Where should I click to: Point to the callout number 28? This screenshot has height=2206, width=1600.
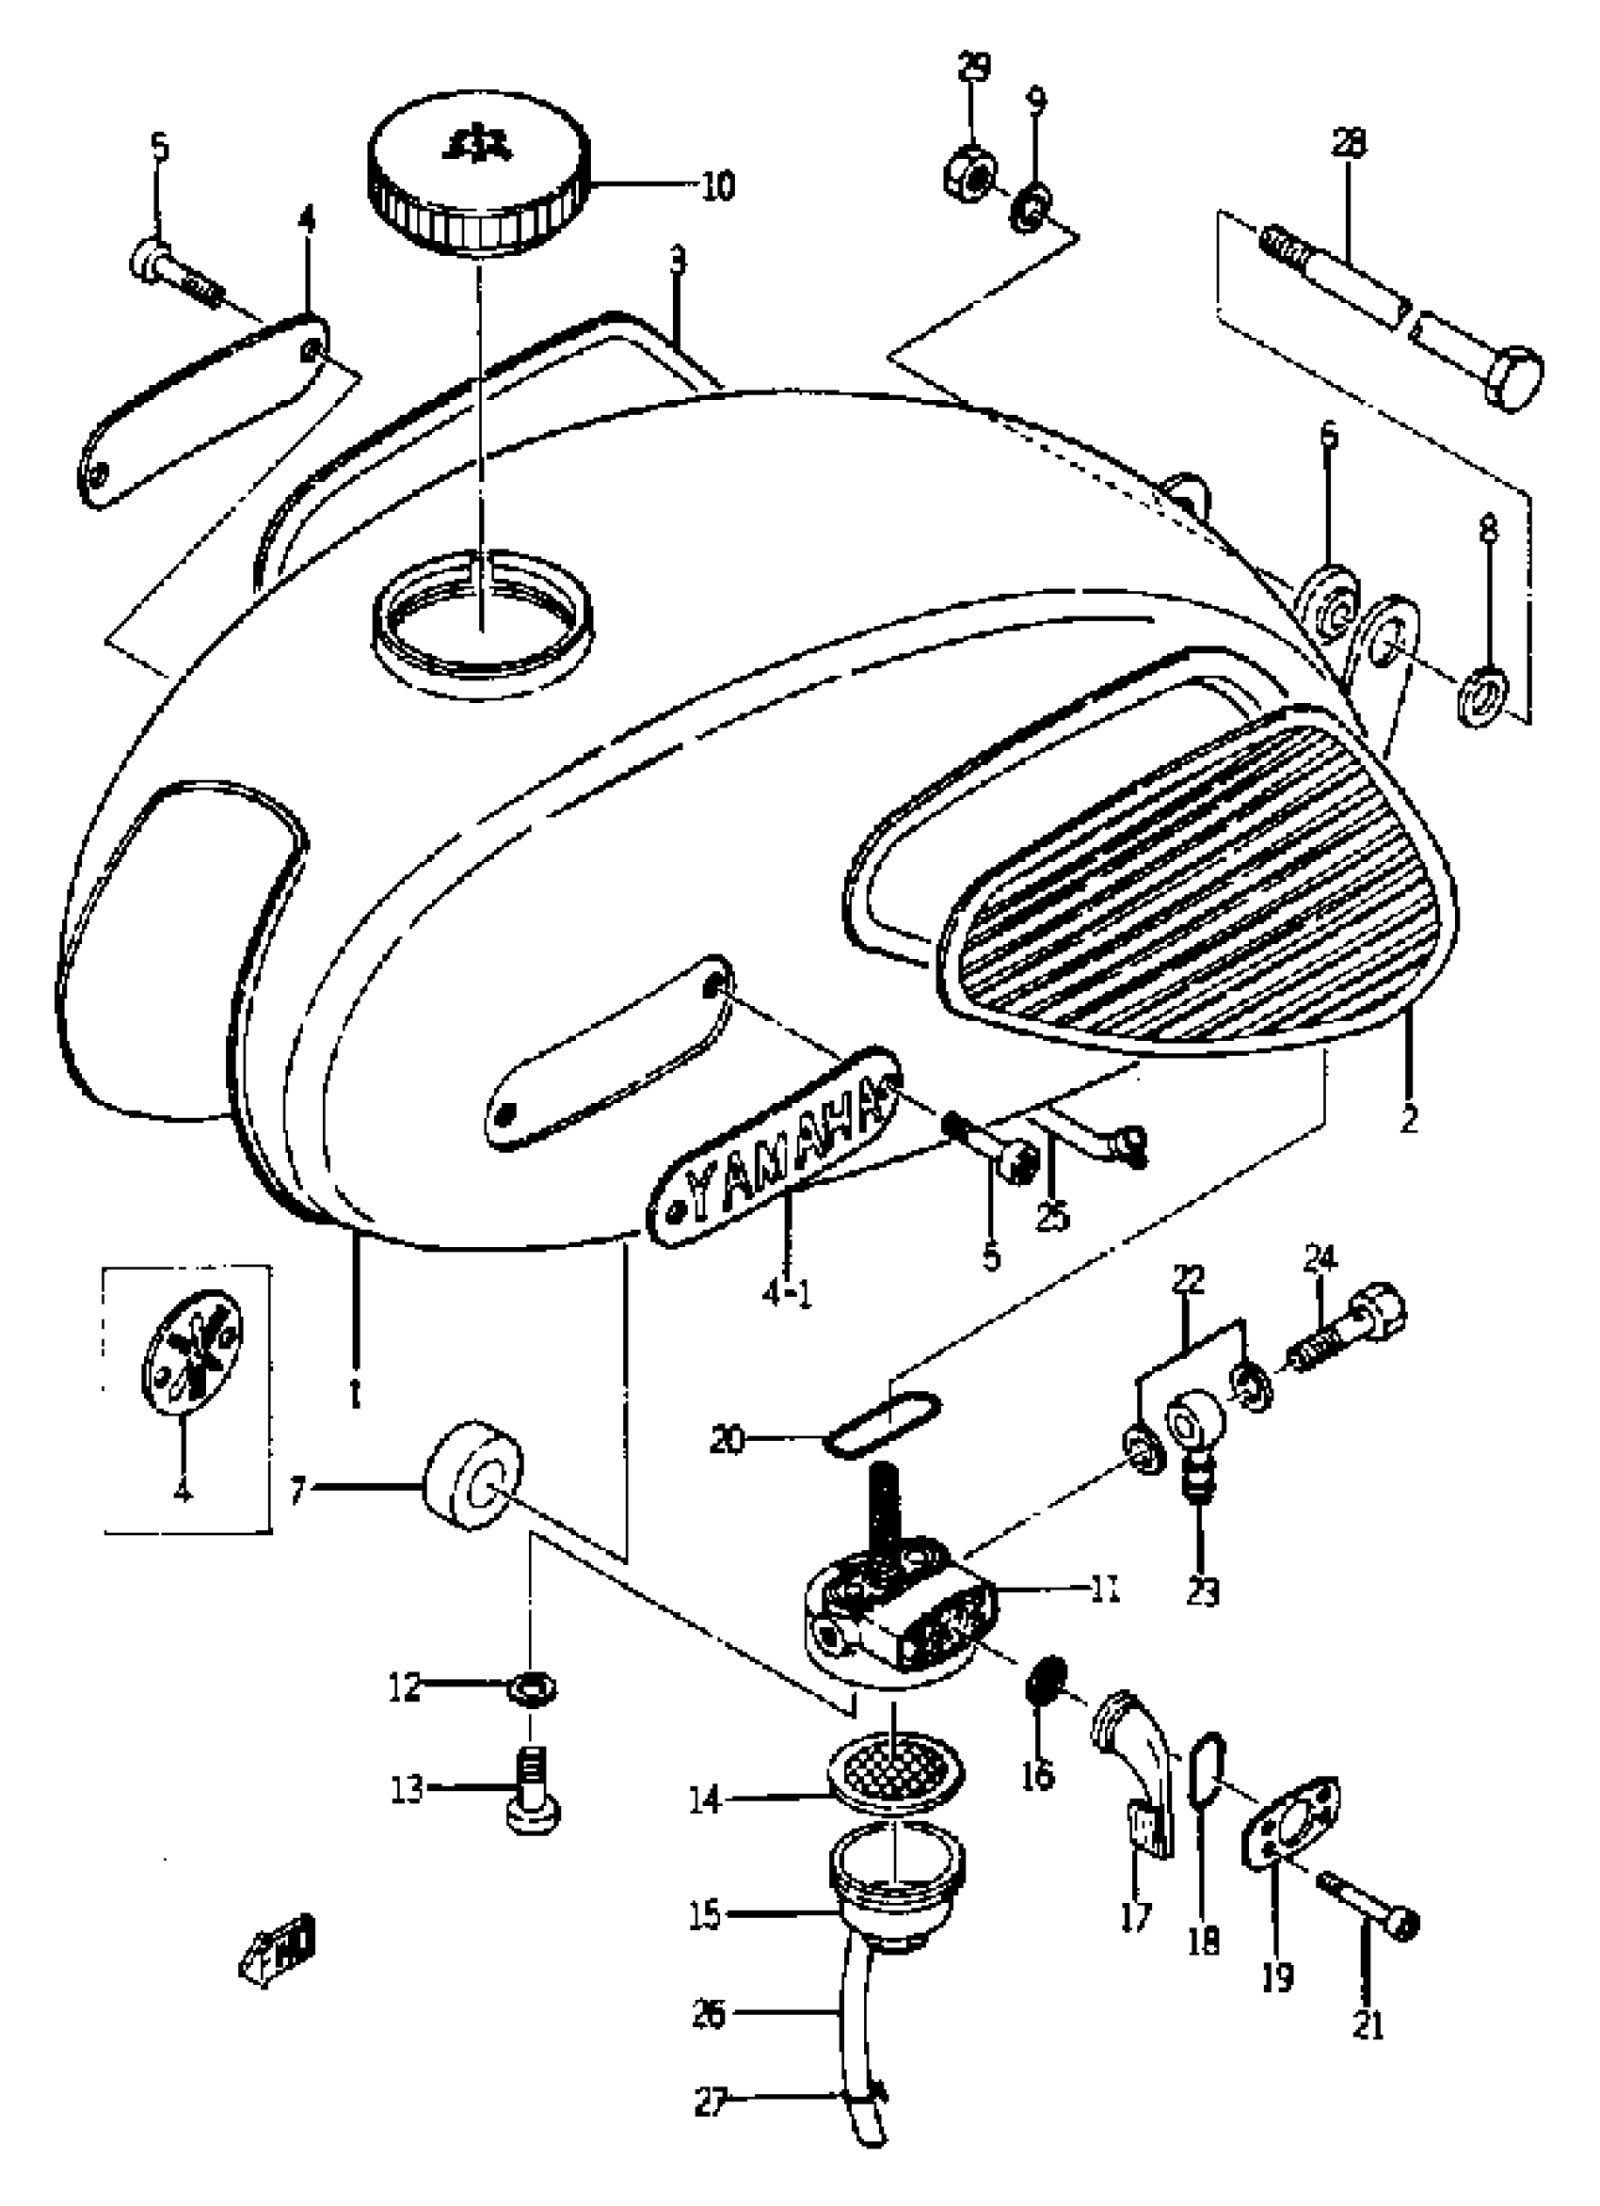(1349, 144)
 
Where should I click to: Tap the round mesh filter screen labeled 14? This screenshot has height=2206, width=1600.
(897, 1776)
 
